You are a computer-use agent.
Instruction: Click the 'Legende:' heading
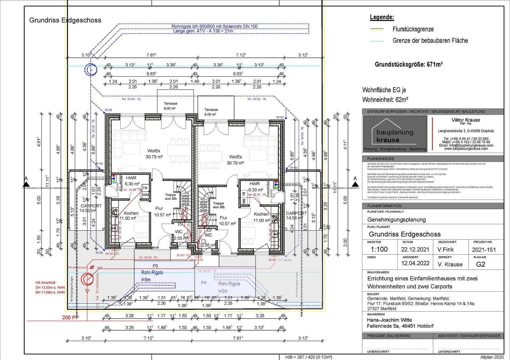coord(382,17)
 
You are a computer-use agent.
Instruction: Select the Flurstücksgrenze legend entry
coord(413,29)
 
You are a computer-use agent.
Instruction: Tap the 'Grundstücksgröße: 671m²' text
coord(408,64)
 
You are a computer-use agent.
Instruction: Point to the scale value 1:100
coord(379,249)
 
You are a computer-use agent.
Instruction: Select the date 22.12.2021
coord(415,249)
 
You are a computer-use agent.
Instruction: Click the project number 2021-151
coord(484,249)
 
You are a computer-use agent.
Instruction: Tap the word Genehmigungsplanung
coord(396,219)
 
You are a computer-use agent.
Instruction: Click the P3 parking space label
coord(155,266)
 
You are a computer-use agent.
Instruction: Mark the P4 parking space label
coord(203,283)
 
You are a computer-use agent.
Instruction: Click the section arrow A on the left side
coord(26,183)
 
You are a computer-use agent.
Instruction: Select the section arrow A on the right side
coord(355,183)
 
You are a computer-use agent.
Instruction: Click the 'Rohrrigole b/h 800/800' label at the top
coord(214,26)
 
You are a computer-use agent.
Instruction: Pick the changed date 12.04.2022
coord(415,263)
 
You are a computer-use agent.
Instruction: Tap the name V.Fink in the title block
coord(445,249)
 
